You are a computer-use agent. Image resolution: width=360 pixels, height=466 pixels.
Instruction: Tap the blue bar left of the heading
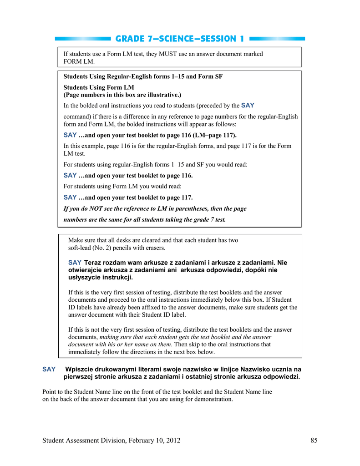(82, 39)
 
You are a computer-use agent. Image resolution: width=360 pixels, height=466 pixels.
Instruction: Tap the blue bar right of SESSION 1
(278, 39)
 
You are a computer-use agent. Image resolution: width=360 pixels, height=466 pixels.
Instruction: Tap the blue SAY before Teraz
(75, 263)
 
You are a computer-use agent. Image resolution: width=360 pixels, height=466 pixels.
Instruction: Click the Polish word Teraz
(94, 263)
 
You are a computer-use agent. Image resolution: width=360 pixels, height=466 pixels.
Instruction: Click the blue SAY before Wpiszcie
(49, 369)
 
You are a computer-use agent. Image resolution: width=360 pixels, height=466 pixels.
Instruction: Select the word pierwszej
(79, 377)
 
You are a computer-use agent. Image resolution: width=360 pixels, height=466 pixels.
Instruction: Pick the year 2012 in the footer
(172, 440)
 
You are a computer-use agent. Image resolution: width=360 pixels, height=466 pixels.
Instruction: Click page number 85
(314, 440)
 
